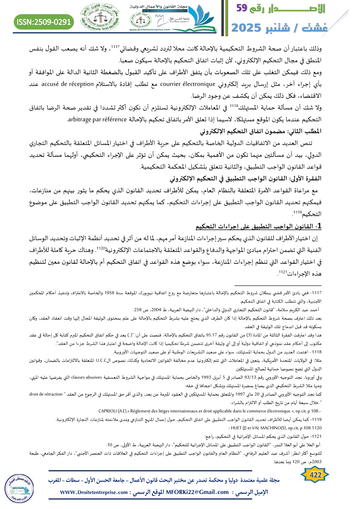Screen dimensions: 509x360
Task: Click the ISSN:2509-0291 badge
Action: (44, 21)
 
